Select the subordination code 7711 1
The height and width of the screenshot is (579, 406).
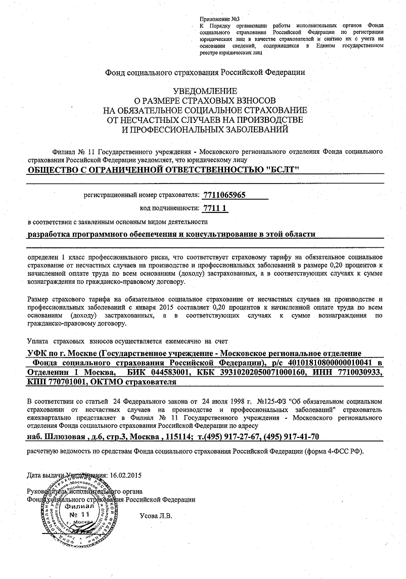(215, 208)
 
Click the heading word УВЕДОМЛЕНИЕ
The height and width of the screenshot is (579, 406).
(205, 91)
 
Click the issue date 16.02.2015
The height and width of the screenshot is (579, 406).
(127, 475)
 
